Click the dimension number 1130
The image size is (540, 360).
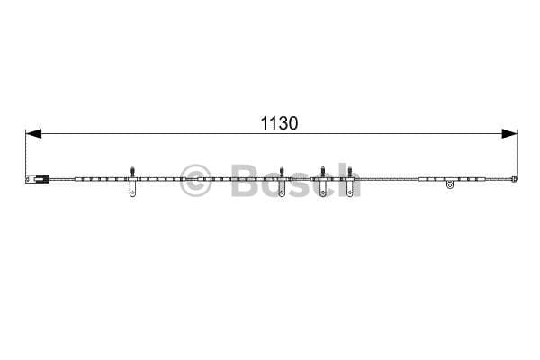coord(279,123)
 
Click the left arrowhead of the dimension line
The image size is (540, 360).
coord(33,134)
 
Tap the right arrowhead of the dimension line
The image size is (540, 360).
coord(509,134)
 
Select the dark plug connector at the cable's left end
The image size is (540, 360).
coord(38,179)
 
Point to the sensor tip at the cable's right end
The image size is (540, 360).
coord(515,179)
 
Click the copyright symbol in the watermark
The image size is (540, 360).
coord(195,181)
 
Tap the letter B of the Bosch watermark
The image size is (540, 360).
coord(247,181)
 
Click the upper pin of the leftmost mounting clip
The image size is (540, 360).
coord(132,171)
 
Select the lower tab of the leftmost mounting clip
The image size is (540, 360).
coord(132,189)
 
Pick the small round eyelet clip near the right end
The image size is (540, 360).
coord(449,185)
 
